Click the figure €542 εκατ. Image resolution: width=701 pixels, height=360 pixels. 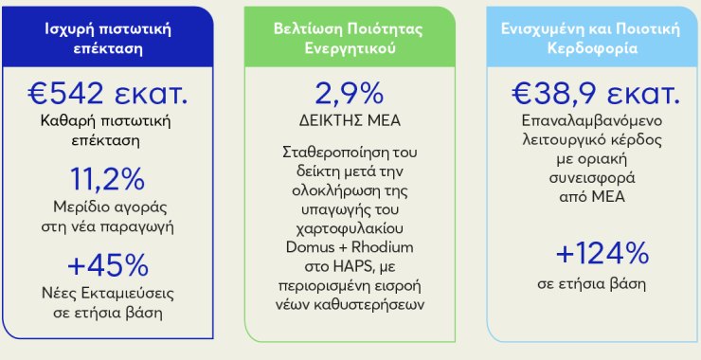107,94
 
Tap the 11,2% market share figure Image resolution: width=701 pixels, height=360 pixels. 107,179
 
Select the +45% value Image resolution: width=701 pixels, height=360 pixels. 108,265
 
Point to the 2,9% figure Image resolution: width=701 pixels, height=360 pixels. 350,94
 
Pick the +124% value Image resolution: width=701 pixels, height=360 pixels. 602,254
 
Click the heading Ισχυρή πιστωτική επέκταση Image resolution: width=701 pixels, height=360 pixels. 108,39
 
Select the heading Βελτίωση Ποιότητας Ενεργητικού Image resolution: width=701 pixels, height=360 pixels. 350,39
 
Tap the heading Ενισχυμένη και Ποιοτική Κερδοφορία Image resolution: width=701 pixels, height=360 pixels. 592,39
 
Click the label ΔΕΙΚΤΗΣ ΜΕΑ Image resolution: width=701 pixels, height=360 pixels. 350,121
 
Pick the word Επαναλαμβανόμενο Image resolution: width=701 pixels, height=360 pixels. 592,121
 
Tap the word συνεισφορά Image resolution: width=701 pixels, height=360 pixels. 592,178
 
